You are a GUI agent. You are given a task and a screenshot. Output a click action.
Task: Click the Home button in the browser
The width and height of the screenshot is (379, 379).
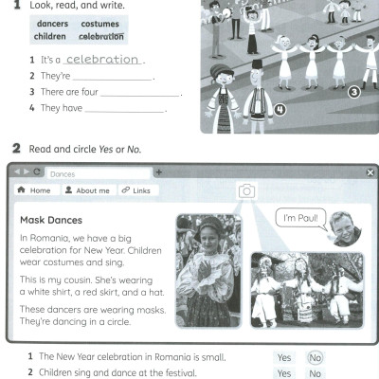[x=35, y=190]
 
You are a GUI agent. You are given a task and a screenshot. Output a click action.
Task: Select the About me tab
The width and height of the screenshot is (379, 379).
[x=87, y=190]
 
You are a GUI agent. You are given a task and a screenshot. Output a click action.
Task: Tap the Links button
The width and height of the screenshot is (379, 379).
[x=135, y=190]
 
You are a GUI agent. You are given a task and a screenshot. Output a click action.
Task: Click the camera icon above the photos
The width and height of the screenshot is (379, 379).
[x=246, y=190]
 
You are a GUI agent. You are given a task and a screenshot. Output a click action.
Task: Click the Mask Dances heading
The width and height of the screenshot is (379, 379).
[x=52, y=220]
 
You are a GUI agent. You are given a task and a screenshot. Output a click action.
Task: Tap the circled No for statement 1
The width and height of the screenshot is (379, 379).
[x=316, y=357]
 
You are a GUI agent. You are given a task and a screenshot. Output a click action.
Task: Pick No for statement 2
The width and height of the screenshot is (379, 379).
[x=316, y=373]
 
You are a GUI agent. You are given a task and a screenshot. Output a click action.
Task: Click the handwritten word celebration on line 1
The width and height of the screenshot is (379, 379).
[x=101, y=59]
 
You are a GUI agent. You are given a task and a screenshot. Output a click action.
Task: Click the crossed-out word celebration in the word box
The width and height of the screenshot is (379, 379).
[x=101, y=36]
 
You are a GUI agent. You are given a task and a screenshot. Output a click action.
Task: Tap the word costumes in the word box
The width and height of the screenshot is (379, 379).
[x=99, y=23]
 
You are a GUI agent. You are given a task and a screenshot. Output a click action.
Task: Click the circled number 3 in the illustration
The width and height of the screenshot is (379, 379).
[x=353, y=92]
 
